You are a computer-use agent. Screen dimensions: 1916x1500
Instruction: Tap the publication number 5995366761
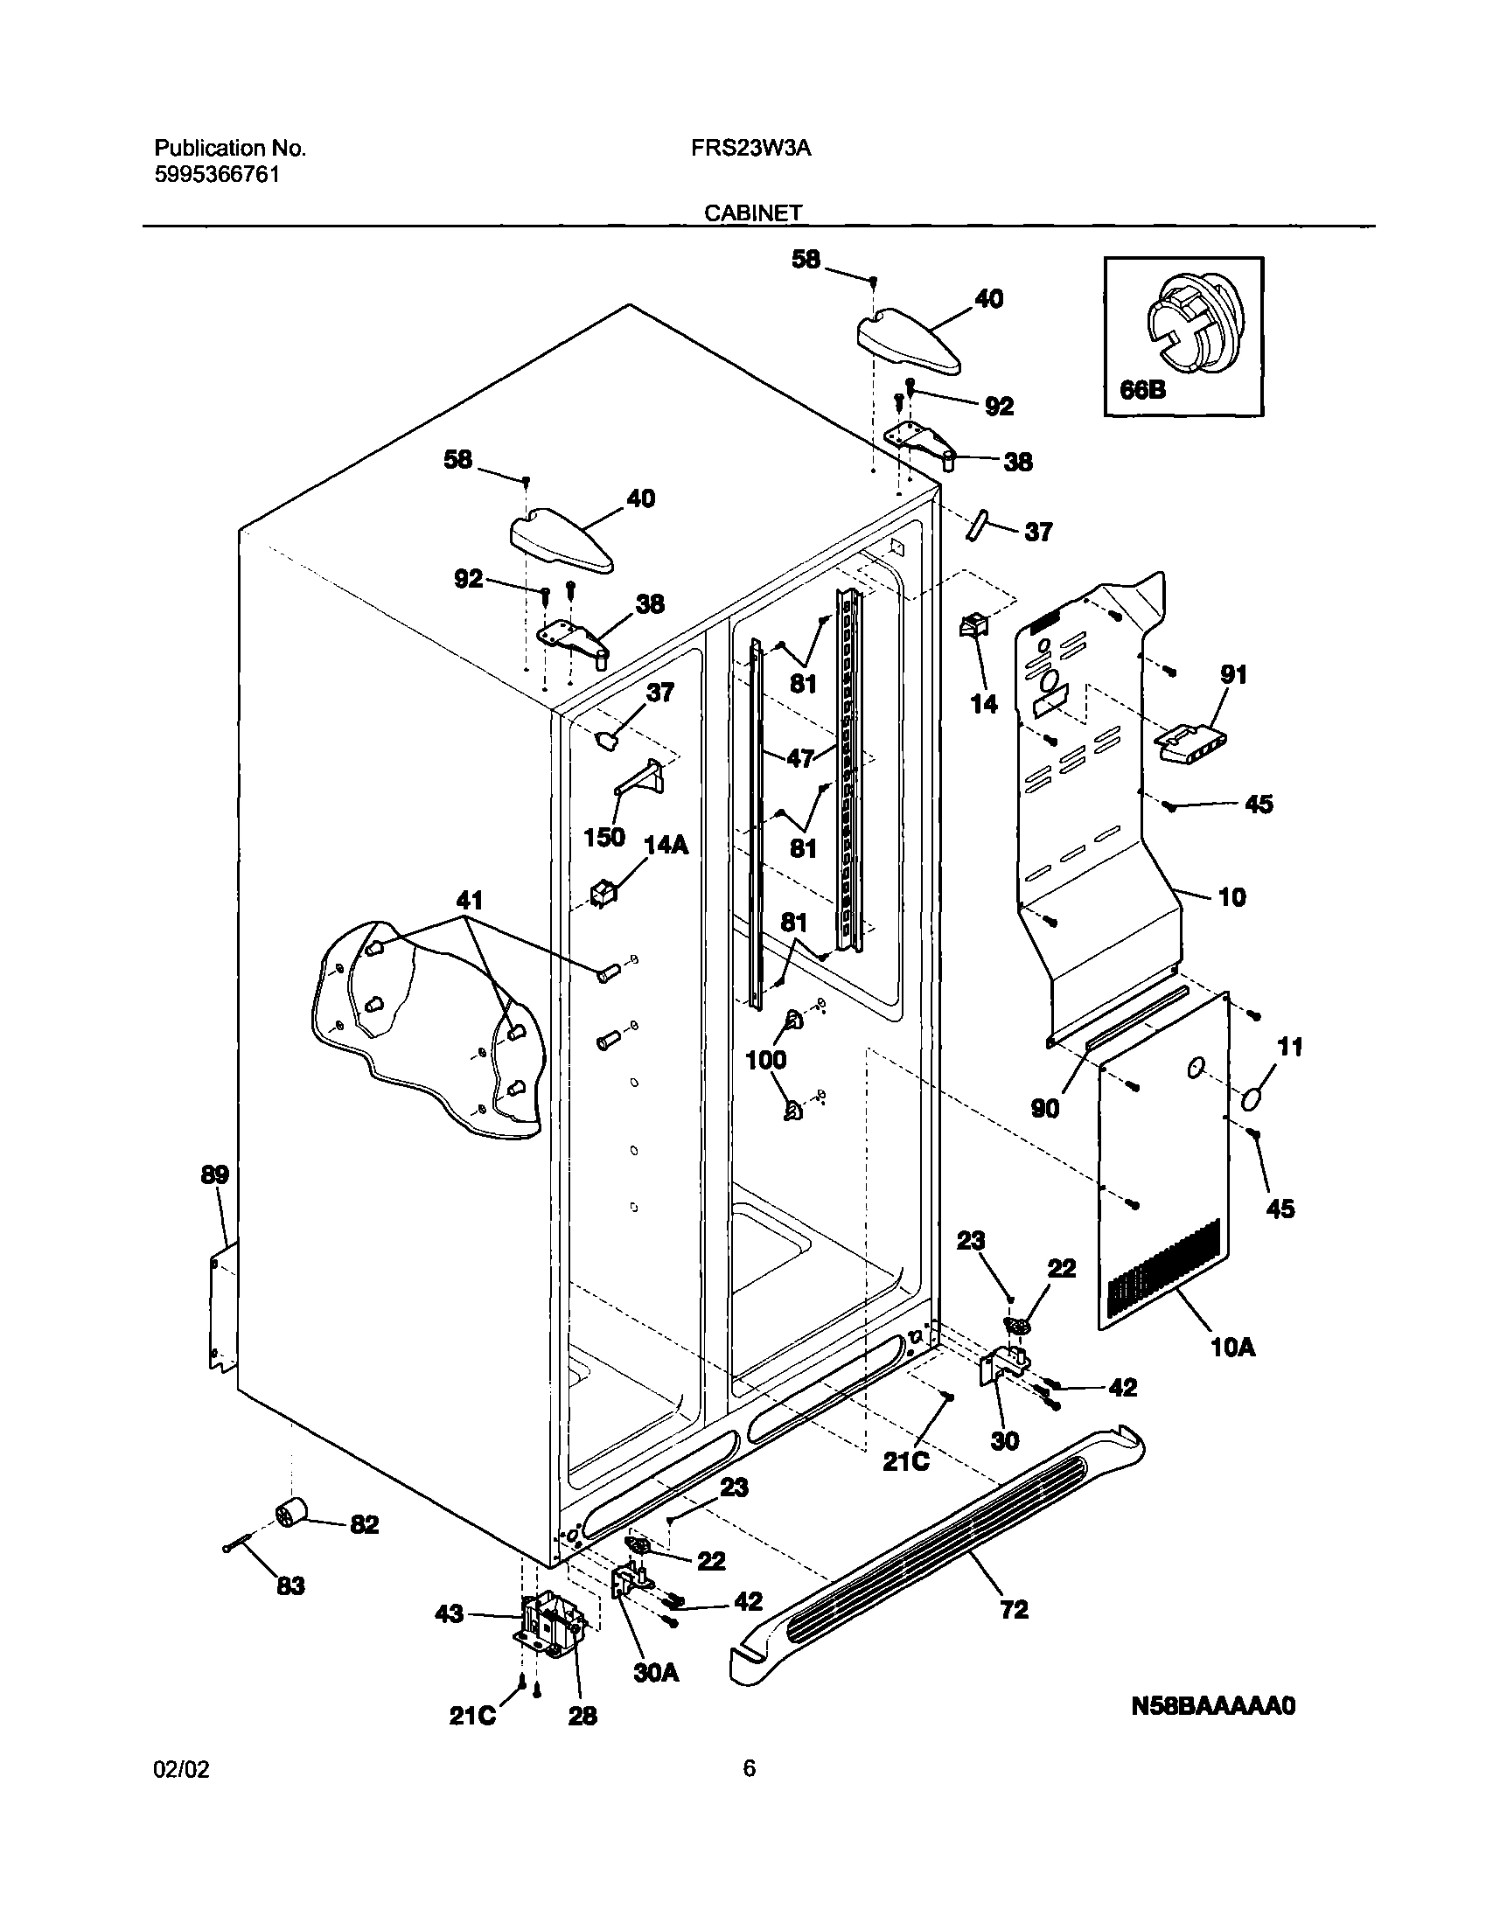pyautogui.click(x=217, y=175)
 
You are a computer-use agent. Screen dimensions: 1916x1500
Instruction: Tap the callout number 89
pyautogui.click(x=214, y=1175)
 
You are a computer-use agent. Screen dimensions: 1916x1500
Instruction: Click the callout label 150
pyautogui.click(x=604, y=837)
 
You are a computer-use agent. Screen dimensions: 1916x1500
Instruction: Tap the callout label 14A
pyautogui.click(x=666, y=846)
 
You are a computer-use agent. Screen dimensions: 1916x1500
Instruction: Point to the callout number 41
pyautogui.click(x=470, y=900)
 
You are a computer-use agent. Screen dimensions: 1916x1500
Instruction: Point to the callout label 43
pyautogui.click(x=449, y=1614)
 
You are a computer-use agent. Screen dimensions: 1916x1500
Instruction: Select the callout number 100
pyautogui.click(x=766, y=1060)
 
